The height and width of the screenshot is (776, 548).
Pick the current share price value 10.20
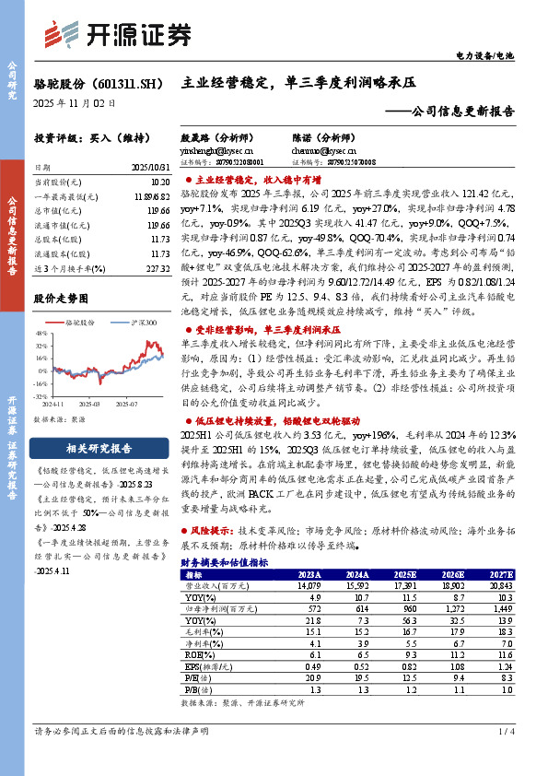(x=158, y=183)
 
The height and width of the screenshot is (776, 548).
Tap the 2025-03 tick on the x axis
(x=88, y=404)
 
